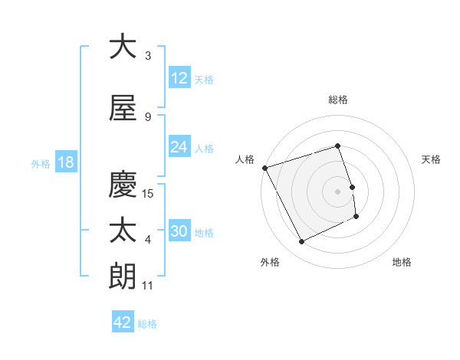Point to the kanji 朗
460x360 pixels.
pos(122,277)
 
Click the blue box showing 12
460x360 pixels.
pos(179,78)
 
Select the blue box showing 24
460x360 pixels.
pos(179,147)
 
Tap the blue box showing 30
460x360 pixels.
pos(179,231)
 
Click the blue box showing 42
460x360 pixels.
pos(123,322)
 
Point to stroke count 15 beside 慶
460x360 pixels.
pos(149,193)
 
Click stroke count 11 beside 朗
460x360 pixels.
pos(148,286)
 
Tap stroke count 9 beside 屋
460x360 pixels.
pos(148,116)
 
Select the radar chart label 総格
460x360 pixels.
pos(338,100)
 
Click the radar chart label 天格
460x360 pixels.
pos(432,159)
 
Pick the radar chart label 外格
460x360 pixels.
pos(270,262)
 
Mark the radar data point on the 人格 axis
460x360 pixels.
pos(264,167)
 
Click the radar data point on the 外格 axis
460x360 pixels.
pos(301,242)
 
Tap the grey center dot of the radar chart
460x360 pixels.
pos(338,191)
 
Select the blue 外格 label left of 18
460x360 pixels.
pos(40,163)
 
